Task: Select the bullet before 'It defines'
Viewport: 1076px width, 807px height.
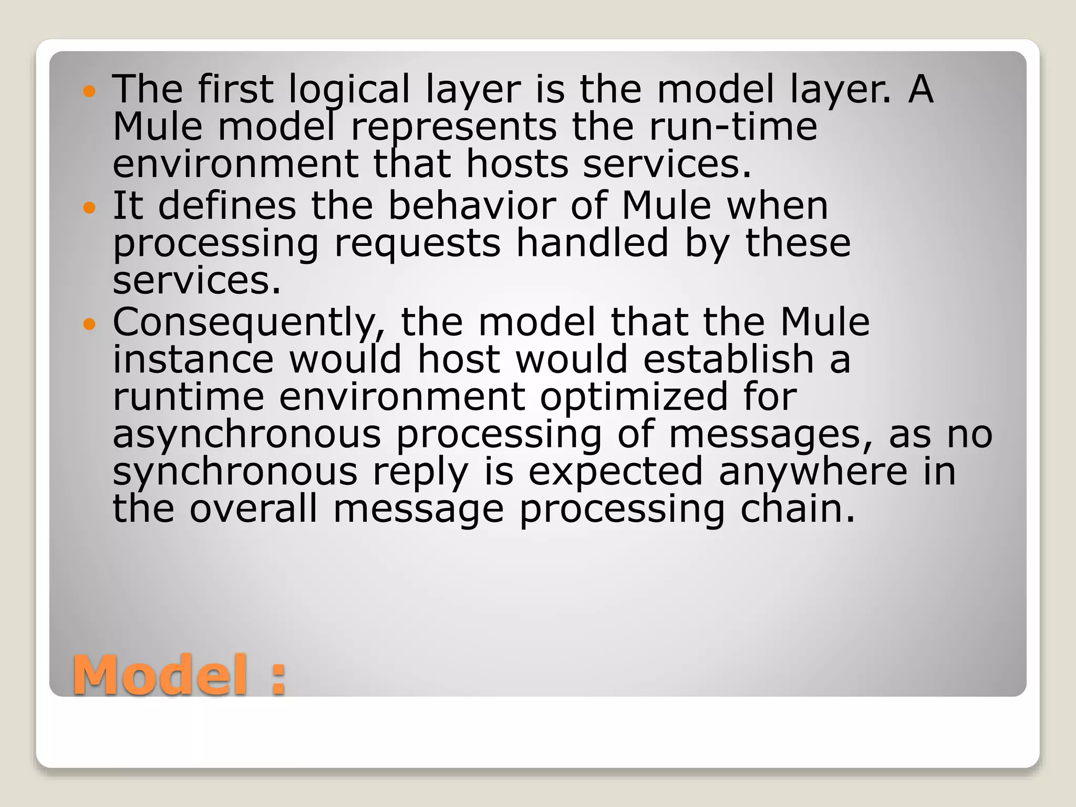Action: (90, 208)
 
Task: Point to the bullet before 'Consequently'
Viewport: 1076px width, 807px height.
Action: (90, 324)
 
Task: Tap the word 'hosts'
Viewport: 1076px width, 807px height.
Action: (517, 164)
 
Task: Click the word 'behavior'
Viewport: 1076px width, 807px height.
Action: (472, 205)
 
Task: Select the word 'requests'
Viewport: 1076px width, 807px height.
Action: (418, 244)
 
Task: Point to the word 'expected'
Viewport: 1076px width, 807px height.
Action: (615, 473)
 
